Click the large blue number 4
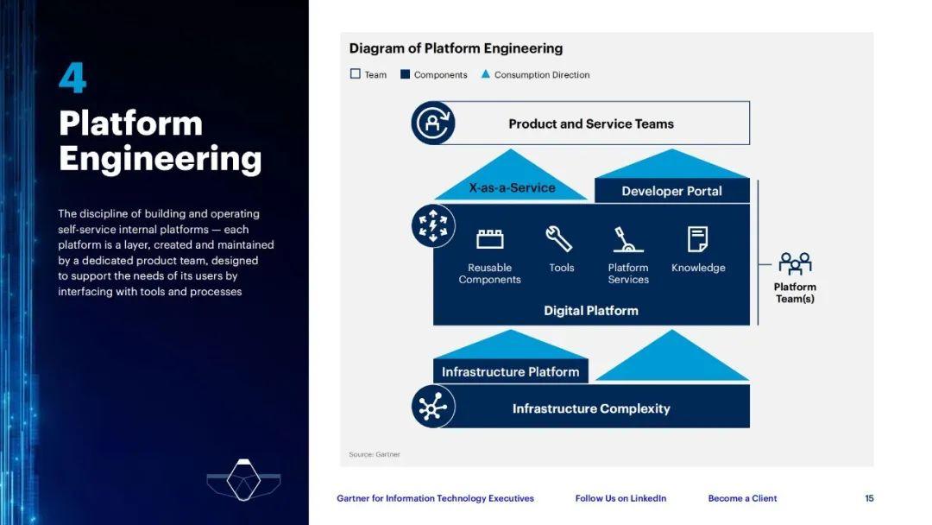click(72, 79)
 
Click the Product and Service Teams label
click(591, 123)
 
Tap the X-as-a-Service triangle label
click(512, 187)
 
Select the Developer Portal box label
click(671, 191)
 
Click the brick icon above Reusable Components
click(489, 238)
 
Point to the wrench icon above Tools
click(560, 238)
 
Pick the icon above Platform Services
click(627, 238)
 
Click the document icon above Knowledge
click(697, 238)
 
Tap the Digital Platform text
click(591, 310)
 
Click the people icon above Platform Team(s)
click(795, 262)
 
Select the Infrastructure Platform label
click(510, 372)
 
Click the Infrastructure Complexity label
click(591, 408)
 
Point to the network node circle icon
click(432, 406)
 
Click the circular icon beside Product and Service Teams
click(432, 123)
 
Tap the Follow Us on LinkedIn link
click(620, 498)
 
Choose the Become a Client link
click(742, 498)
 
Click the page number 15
click(869, 498)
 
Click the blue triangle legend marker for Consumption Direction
click(486, 74)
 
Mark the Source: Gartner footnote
click(375, 454)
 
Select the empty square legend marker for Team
click(355, 74)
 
